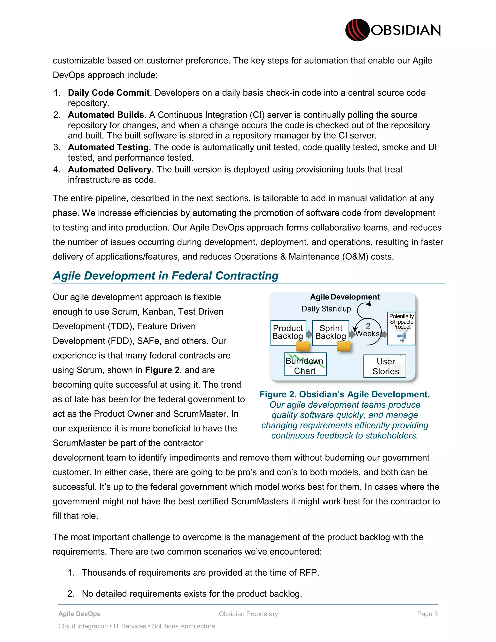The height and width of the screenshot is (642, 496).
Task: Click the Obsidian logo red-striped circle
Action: click(x=357, y=30)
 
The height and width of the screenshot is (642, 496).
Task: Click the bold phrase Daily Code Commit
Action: click(x=108, y=93)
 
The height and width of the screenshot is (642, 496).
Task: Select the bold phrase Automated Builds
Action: click(x=106, y=115)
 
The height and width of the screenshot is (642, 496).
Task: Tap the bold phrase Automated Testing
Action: click(x=108, y=147)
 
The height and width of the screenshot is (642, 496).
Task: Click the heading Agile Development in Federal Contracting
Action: click(x=166, y=276)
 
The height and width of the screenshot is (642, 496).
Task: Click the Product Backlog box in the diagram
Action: click(x=288, y=332)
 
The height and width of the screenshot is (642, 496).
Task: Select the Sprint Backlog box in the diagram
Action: click(x=330, y=332)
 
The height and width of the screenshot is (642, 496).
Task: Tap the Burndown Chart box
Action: click(x=305, y=365)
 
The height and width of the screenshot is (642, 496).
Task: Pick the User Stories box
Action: click(x=385, y=366)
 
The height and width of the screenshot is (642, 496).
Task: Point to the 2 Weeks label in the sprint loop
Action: click(x=368, y=330)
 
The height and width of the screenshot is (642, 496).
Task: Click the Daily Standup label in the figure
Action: click(x=326, y=309)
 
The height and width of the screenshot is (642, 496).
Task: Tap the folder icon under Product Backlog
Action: click(x=302, y=346)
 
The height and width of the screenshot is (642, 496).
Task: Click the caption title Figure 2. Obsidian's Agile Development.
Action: click(x=344, y=394)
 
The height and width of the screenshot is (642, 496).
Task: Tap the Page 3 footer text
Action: click(x=427, y=614)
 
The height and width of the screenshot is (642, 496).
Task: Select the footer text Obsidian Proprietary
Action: click(x=248, y=614)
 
